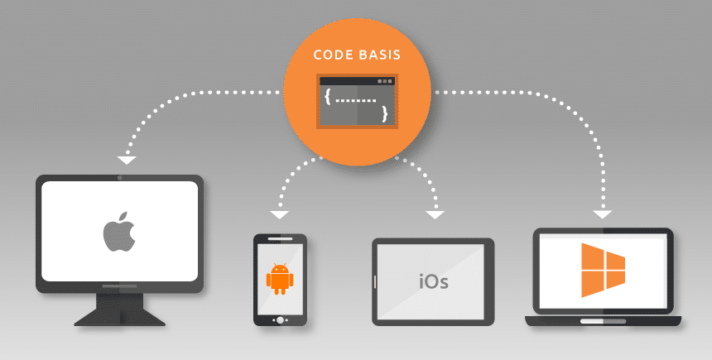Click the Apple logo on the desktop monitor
pyautogui.click(x=119, y=231)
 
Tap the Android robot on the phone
pyautogui.click(x=280, y=278)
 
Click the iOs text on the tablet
pyautogui.click(x=433, y=281)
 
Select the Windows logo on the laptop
pyautogui.click(x=603, y=270)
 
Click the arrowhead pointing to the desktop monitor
pyautogui.click(x=126, y=159)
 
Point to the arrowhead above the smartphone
pyautogui.click(x=280, y=214)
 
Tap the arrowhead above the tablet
pyautogui.click(x=435, y=215)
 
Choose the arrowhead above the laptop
pyautogui.click(x=602, y=215)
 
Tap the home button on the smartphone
pyautogui.click(x=280, y=319)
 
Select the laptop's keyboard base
pyautogui.click(x=603, y=320)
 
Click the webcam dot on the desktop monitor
pyautogui.click(x=120, y=178)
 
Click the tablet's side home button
pyautogui.click(x=377, y=281)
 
